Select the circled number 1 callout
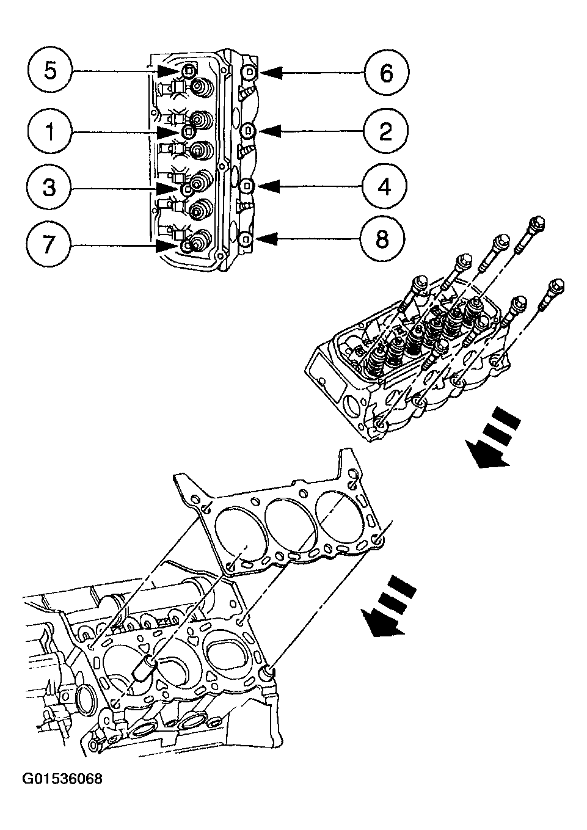point(50,131)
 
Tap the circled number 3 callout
point(50,187)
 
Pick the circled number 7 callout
point(50,245)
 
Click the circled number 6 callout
point(385,73)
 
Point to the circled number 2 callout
point(385,131)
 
